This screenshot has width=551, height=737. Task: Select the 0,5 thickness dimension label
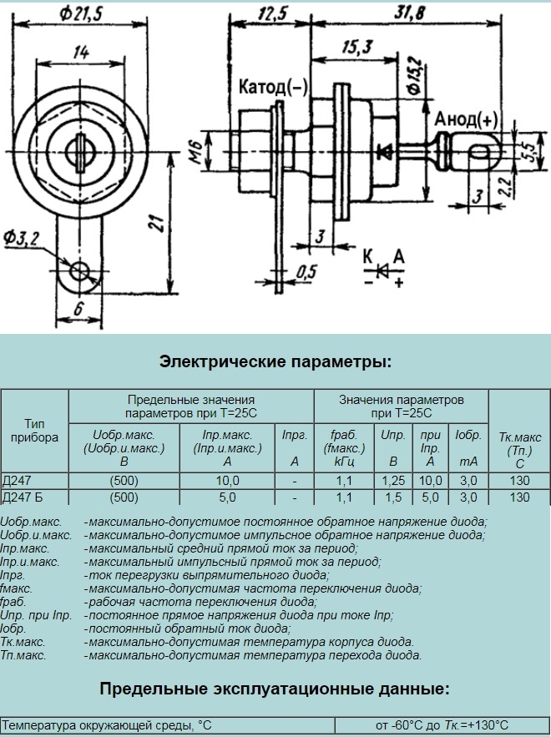(306, 270)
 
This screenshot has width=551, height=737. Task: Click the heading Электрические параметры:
(275, 362)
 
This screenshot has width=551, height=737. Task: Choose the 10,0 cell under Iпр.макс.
(227, 481)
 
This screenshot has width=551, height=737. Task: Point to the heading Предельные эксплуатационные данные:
(275, 689)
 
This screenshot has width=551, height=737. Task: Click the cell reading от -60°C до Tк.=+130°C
(442, 725)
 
